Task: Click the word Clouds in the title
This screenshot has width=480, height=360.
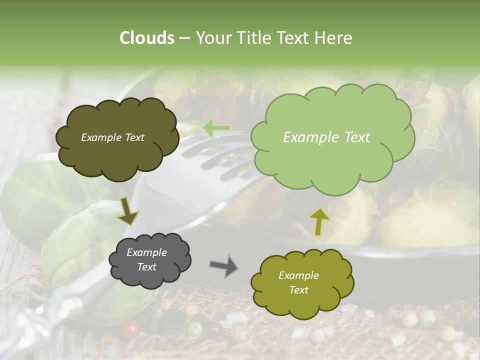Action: pyautogui.click(x=147, y=38)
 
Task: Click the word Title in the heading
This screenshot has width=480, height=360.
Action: pyautogui.click(x=257, y=38)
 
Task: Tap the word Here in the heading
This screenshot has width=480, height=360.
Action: pyautogui.click(x=335, y=38)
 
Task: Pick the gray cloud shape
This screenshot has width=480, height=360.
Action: pyautogui.click(x=149, y=259)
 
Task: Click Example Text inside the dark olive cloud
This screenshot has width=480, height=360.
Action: pyautogui.click(x=112, y=137)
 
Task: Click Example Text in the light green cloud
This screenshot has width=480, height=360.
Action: pyautogui.click(x=326, y=137)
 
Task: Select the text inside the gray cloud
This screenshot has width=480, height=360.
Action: pyautogui.click(x=147, y=259)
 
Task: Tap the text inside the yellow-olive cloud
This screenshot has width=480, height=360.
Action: pyautogui.click(x=298, y=282)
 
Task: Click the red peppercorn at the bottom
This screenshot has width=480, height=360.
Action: pyautogui.click(x=131, y=329)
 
